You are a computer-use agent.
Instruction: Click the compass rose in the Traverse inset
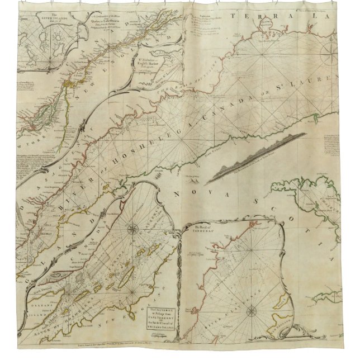[x=134, y=228]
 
